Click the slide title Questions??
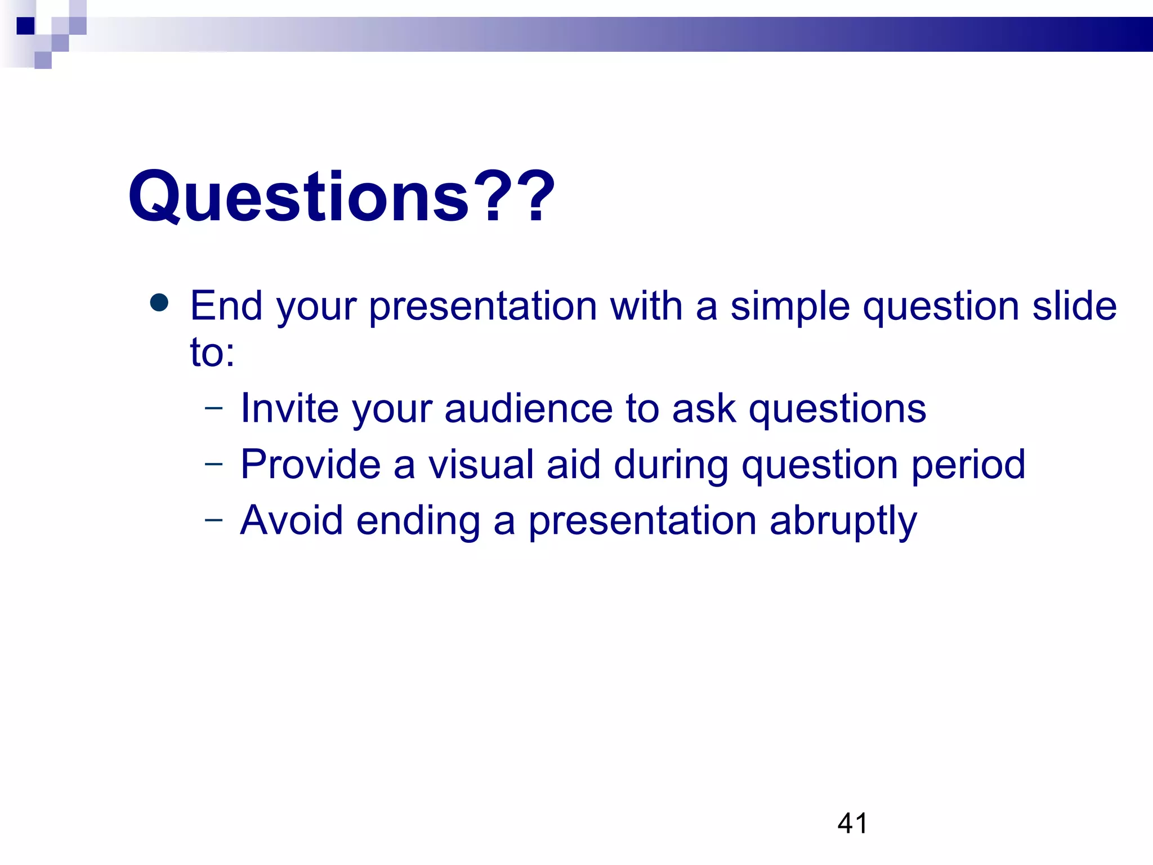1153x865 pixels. pyautogui.click(x=342, y=197)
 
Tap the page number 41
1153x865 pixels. pyautogui.click(x=852, y=823)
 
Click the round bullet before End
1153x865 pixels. pyautogui.click(x=159, y=303)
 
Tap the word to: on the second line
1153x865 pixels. pyautogui.click(x=212, y=353)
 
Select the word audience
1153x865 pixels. pyautogui.click(x=528, y=408)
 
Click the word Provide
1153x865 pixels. pyautogui.click(x=310, y=465)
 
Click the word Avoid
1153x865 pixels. pyautogui.click(x=291, y=520)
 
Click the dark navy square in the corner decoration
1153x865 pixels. pyautogui.click(x=25, y=26)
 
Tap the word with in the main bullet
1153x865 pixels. pyautogui.click(x=646, y=306)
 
